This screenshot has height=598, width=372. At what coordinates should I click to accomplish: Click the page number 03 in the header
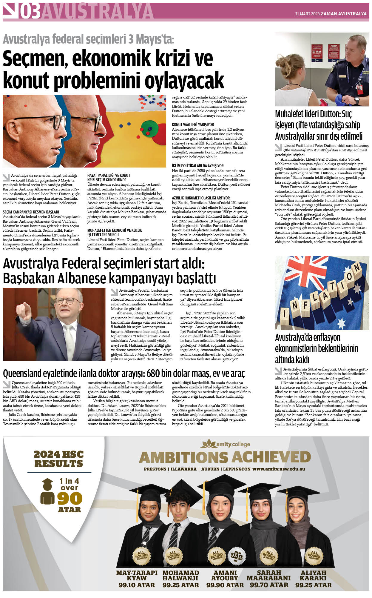pyautogui.click(x=30, y=12)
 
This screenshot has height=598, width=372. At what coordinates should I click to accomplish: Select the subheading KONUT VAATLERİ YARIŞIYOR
pyautogui.click(x=193, y=124)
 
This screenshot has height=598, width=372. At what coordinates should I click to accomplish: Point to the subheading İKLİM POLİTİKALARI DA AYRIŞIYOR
pyautogui.click(x=197, y=166)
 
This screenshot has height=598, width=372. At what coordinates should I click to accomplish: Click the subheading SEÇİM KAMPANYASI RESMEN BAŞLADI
pyautogui.click(x=31, y=212)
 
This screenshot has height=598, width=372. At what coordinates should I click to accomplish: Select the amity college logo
pyautogui.click(x=225, y=444)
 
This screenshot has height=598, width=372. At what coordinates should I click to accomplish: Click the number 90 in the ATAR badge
pyautogui.click(x=70, y=498)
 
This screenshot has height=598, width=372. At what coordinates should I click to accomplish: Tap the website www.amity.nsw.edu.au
pyautogui.click(x=279, y=469)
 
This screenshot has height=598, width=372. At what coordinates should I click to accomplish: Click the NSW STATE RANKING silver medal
pyautogui.click(x=236, y=556)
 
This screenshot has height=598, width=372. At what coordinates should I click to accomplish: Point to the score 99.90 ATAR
pyautogui.click(x=225, y=585)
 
